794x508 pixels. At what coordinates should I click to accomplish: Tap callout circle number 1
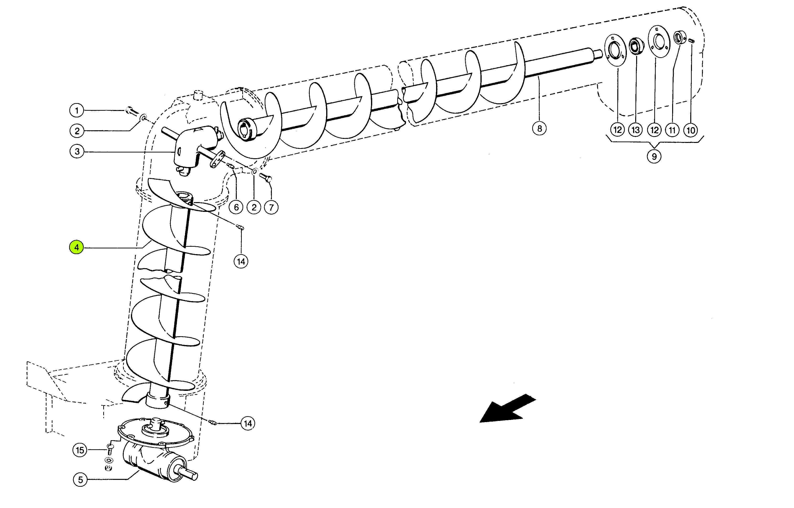point(77,110)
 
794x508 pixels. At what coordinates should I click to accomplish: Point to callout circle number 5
point(80,480)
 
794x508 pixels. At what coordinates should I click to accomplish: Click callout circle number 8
point(539,128)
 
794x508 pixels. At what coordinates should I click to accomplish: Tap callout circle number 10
point(691,130)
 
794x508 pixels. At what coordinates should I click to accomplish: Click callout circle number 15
point(80,450)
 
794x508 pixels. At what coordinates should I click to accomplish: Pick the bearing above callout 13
point(636,46)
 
